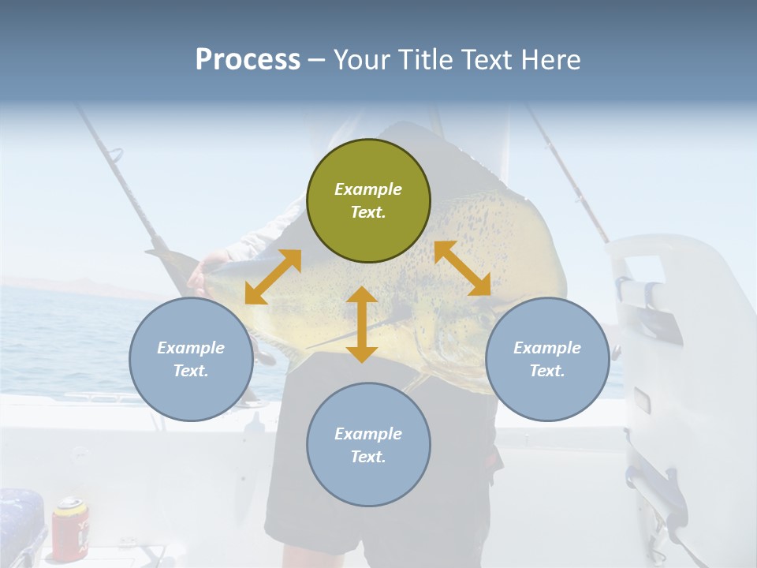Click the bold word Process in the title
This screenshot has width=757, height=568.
(248, 60)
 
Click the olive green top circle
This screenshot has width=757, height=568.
(368, 200)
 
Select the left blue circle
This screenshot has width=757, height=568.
(191, 359)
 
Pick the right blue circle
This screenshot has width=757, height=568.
(547, 359)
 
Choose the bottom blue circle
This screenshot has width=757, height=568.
(368, 445)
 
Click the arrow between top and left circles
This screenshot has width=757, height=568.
(273, 276)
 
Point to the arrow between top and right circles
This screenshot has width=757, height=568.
(462, 268)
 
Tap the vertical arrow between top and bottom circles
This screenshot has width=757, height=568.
(362, 324)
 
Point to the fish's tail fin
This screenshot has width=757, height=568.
(170, 260)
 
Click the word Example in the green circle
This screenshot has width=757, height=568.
(368, 189)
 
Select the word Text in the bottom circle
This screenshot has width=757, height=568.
(367, 457)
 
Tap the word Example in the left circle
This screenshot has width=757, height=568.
(191, 348)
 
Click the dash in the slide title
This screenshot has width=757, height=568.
(317, 60)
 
